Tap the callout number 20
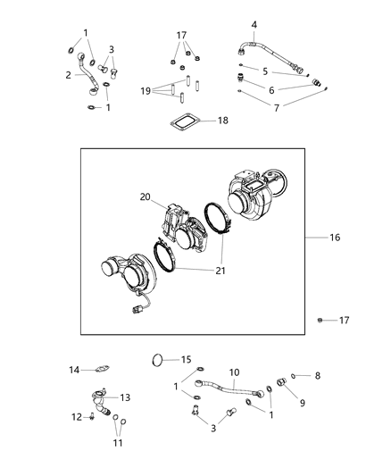(146, 197)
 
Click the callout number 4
(254, 24)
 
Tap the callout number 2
(67, 75)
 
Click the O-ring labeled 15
(158, 361)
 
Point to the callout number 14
(75, 369)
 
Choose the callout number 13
(125, 397)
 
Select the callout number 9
(302, 404)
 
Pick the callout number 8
(317, 376)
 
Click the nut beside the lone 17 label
(320, 320)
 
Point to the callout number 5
(265, 70)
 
